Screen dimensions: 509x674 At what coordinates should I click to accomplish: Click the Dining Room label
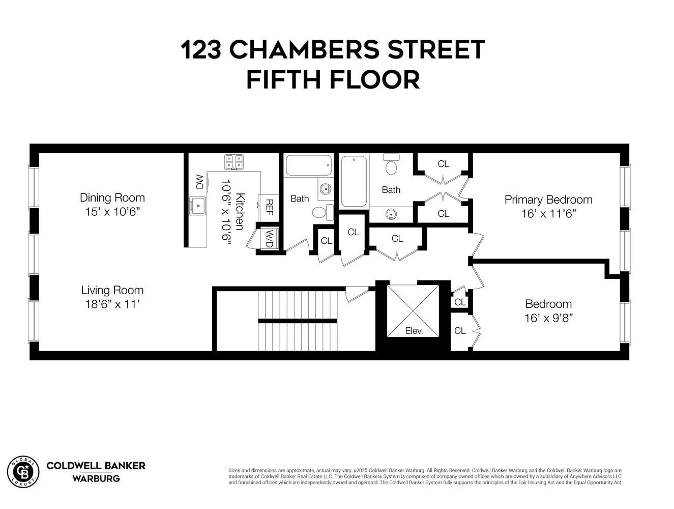pyautogui.click(x=112, y=197)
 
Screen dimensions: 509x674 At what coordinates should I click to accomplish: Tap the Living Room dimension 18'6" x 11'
pyautogui.click(x=112, y=304)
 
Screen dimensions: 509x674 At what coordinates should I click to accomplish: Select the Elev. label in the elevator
pyautogui.click(x=414, y=331)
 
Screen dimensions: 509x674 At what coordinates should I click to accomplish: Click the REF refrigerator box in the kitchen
pyautogui.click(x=269, y=207)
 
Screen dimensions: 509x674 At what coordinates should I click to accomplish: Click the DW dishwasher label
pyautogui.click(x=199, y=182)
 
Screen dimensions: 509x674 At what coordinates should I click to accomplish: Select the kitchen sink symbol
pyautogui.click(x=196, y=206)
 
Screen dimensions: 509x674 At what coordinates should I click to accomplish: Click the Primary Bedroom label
pyautogui.click(x=548, y=200)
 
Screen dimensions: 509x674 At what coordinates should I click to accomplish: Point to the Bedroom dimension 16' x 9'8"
pyautogui.click(x=548, y=318)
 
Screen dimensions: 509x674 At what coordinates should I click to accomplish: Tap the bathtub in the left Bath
pyautogui.click(x=309, y=165)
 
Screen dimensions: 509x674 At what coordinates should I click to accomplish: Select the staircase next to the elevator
pyautogui.click(x=298, y=321)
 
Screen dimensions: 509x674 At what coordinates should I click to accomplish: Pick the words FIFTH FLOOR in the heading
pyautogui.click(x=333, y=80)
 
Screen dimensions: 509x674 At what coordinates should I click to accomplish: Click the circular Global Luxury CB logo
pyautogui.click(x=23, y=471)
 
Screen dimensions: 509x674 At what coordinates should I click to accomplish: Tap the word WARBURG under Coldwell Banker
pyautogui.click(x=96, y=478)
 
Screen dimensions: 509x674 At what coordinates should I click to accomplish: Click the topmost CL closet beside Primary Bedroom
pyautogui.click(x=443, y=164)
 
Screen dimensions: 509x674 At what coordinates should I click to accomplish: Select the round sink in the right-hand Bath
pyautogui.click(x=390, y=214)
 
